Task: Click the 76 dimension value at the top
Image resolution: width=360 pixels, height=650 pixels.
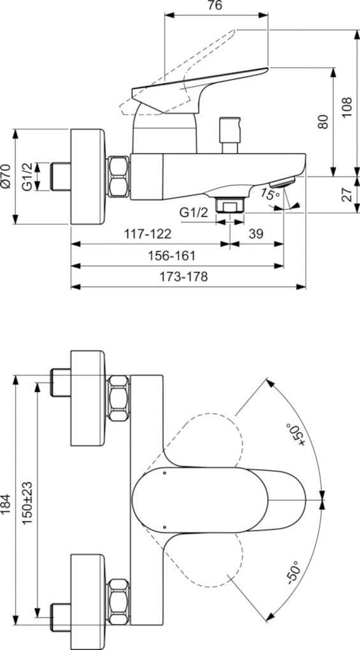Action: (215, 6)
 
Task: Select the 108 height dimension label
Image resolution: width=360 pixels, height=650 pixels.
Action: (347, 106)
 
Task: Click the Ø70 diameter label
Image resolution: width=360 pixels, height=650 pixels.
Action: (5, 177)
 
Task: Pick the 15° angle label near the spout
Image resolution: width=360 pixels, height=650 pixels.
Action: (271, 194)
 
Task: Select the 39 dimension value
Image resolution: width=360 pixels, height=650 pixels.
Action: (256, 234)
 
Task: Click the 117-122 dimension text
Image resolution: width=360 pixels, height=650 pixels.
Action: (148, 234)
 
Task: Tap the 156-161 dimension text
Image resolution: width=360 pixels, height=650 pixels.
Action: (171, 256)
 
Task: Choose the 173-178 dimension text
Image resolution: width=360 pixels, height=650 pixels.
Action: (184, 277)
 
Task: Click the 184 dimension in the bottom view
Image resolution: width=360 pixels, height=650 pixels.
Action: (6, 503)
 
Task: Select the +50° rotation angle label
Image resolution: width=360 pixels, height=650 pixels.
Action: (296, 435)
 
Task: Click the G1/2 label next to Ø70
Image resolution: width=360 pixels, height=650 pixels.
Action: (27, 176)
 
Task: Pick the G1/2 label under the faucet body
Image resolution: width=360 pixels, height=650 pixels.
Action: (194, 213)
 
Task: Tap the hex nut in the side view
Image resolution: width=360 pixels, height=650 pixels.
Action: (119, 177)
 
